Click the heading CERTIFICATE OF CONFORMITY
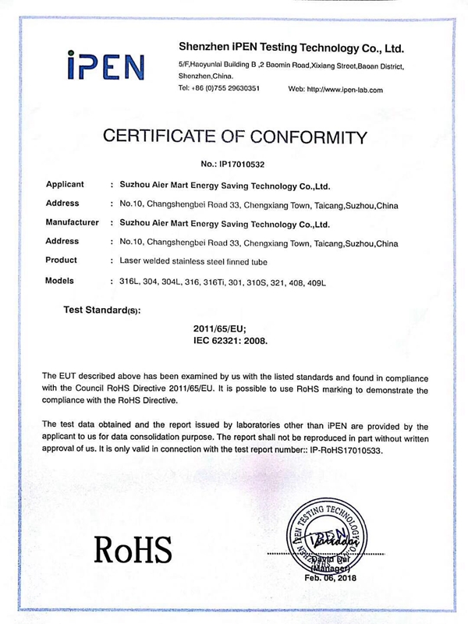234,138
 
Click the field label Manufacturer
73,223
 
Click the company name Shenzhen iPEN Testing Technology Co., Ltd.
290,47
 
